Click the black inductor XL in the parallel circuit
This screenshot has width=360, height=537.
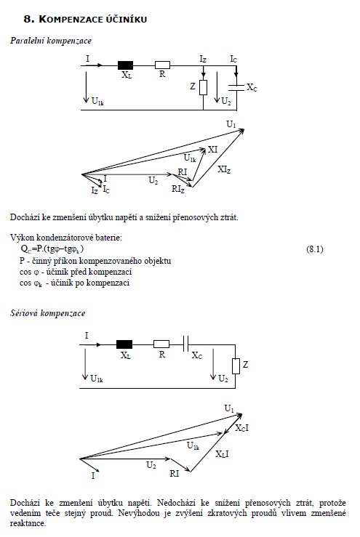click(125, 65)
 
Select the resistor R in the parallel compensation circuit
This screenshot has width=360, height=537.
click(162, 65)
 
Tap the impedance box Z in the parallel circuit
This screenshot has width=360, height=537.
click(204, 87)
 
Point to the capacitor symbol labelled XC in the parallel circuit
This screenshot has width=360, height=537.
click(236, 87)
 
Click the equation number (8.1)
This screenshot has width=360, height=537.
click(315, 249)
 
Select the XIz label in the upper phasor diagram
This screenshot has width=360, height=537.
click(224, 169)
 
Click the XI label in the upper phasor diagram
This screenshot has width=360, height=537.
click(212, 150)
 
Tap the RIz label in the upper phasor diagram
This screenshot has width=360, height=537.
click(178, 189)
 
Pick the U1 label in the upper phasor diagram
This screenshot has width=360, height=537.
click(231, 124)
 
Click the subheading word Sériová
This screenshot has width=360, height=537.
click(24, 313)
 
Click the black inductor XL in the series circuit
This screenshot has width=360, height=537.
click(124, 344)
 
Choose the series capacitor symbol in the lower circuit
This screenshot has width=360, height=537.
click(186, 344)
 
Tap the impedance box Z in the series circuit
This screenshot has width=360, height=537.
click(236, 366)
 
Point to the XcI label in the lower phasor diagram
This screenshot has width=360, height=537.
click(242, 428)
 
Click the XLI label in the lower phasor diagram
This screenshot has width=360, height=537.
click(222, 454)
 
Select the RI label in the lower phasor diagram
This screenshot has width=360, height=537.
click(174, 474)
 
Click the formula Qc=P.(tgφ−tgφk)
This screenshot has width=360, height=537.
click(52, 249)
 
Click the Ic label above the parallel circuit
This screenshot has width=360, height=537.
click(233, 60)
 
